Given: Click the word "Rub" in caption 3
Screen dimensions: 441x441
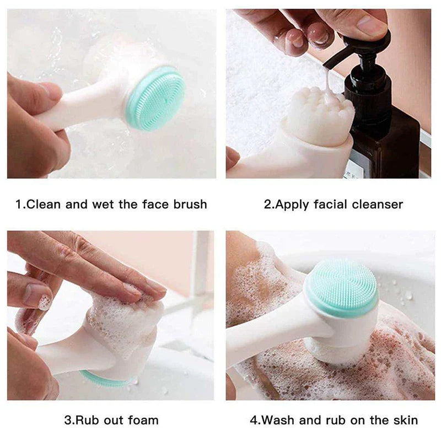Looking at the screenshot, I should point(87,420).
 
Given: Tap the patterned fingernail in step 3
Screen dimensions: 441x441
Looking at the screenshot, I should point(44,302).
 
